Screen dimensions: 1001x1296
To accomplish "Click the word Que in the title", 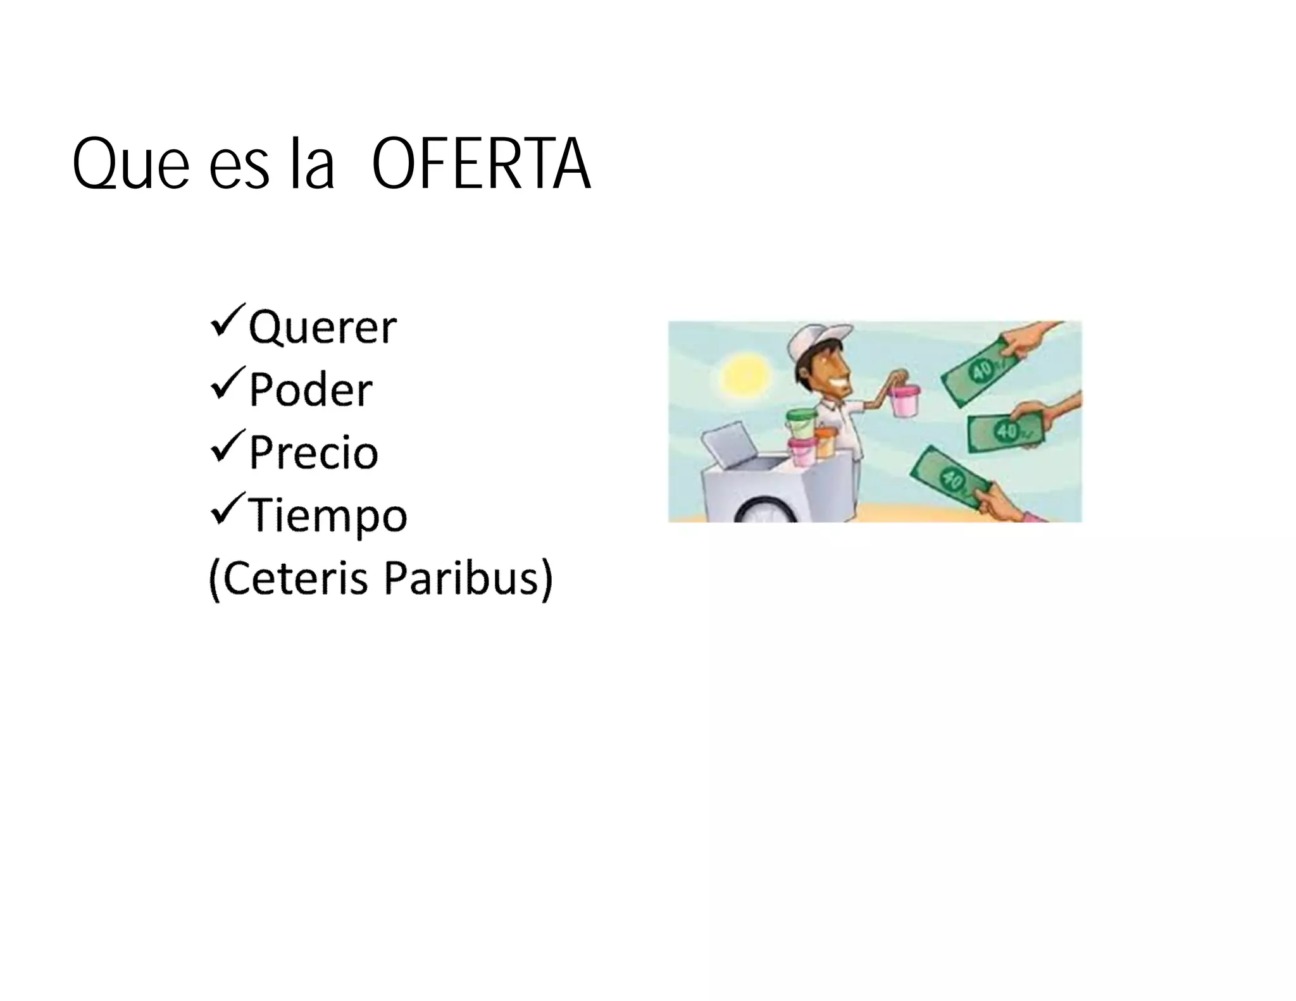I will pos(130,166).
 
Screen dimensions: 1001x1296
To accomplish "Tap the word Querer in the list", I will pos(323,327).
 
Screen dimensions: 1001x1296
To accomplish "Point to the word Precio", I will pos(313,452).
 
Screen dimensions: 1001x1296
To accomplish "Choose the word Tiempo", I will pos(327,516).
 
